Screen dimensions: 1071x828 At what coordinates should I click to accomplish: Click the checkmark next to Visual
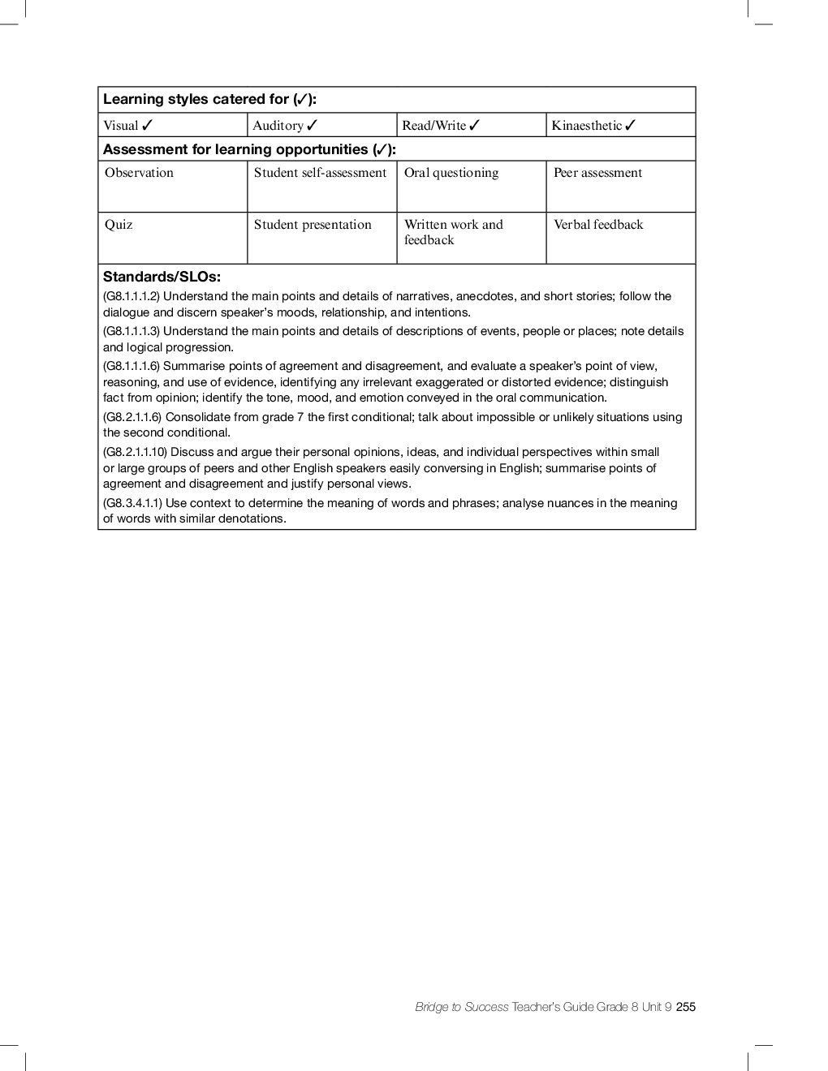[x=147, y=125]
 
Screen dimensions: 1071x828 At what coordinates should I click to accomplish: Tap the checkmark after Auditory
[x=313, y=125]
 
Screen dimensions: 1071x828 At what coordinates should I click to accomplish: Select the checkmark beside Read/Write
[x=475, y=125]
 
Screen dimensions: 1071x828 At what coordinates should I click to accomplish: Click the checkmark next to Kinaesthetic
[x=631, y=125]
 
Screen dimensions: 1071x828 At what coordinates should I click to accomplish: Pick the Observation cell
[x=172, y=187]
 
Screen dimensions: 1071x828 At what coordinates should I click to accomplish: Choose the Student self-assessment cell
[x=321, y=187]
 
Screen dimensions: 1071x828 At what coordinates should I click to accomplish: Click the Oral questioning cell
[x=471, y=187]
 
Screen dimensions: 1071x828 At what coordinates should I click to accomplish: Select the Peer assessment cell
[x=620, y=187]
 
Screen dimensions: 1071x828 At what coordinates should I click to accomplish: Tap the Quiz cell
[x=172, y=238]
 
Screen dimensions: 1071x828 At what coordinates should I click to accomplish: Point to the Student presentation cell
[x=321, y=238]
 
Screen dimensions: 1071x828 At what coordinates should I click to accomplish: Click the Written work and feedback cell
[x=471, y=238]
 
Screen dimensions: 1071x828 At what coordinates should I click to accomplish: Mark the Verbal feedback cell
[x=620, y=238]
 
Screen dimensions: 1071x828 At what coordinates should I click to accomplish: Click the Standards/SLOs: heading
[x=162, y=277]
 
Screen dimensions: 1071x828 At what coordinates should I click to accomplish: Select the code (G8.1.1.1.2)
[x=132, y=296]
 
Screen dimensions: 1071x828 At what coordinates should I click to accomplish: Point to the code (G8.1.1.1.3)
[x=132, y=331]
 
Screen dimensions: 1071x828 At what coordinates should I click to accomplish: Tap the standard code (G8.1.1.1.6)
[x=132, y=366]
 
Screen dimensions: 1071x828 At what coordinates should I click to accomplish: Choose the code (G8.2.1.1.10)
[x=135, y=452]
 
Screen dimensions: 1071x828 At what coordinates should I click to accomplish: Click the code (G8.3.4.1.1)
[x=132, y=503]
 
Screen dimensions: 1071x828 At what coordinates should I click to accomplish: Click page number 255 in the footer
[x=686, y=1007]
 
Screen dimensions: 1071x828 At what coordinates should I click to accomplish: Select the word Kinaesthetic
[x=586, y=126]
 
